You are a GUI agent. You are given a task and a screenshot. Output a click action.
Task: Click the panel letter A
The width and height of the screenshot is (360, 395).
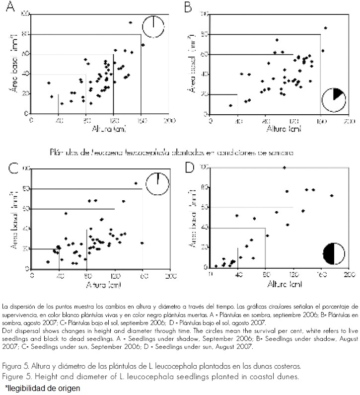(x=9, y=8)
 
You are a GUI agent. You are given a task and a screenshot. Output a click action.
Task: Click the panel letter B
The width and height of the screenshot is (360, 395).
(x=188, y=7)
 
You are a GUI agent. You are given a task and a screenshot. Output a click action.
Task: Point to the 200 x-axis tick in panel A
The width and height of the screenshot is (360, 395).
(x=170, y=121)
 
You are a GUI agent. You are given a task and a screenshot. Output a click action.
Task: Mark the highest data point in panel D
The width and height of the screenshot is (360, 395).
(x=284, y=167)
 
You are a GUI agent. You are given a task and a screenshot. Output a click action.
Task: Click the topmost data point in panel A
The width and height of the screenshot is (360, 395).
(x=130, y=23)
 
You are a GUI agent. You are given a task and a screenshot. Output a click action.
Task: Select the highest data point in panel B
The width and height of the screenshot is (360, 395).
(x=326, y=28)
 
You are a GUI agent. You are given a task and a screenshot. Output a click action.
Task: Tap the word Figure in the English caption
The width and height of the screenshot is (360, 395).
(x=14, y=376)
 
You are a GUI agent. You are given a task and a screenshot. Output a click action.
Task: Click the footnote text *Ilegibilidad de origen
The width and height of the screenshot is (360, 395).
(x=42, y=387)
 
